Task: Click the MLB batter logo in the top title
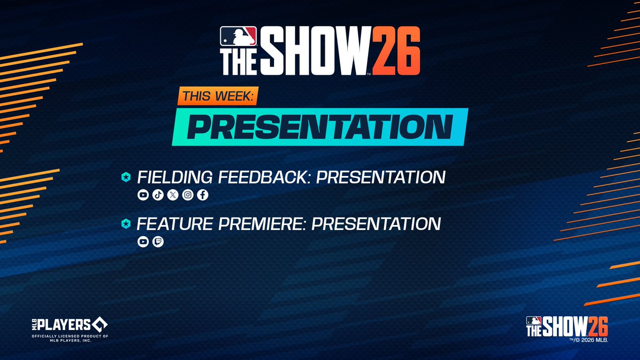(x=238, y=37)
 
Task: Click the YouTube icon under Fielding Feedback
(x=143, y=195)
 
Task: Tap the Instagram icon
(x=188, y=195)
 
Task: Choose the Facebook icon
(x=203, y=195)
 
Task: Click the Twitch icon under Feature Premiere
(x=158, y=242)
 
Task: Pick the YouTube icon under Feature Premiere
(x=143, y=242)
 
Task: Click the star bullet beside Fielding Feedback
(x=126, y=178)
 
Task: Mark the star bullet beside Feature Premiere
(x=126, y=224)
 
